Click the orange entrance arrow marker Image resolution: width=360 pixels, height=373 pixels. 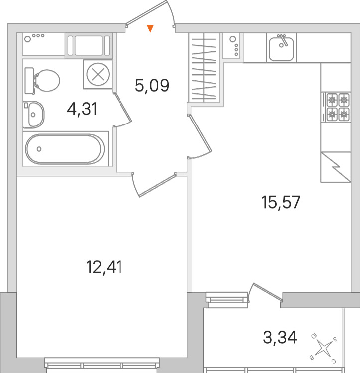[x=150, y=28]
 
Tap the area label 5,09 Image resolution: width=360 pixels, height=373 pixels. [x=152, y=85]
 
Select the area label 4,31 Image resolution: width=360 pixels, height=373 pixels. [x=82, y=109]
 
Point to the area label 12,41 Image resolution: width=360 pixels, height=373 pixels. [x=104, y=267]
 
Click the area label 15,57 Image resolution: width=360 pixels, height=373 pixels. [x=281, y=202]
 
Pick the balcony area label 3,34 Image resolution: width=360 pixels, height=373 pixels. [x=280, y=338]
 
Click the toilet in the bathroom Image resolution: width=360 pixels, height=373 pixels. [x=42, y=81]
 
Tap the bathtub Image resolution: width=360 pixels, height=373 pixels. [x=65, y=149]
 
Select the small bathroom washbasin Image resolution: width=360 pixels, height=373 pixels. [x=34, y=115]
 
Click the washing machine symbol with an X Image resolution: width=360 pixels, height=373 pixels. [x=98, y=75]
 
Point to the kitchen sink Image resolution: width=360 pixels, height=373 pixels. [x=281, y=48]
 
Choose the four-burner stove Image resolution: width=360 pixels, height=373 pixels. [x=336, y=107]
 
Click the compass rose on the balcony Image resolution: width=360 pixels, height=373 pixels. [x=324, y=345]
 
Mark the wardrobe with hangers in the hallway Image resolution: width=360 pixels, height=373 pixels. [x=204, y=68]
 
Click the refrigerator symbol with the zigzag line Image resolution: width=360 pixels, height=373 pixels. [x=336, y=167]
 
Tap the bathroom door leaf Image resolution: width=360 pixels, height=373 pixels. [x=123, y=108]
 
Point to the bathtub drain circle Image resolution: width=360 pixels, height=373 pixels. [x=39, y=149]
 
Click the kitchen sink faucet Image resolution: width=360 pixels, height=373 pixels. [x=283, y=40]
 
